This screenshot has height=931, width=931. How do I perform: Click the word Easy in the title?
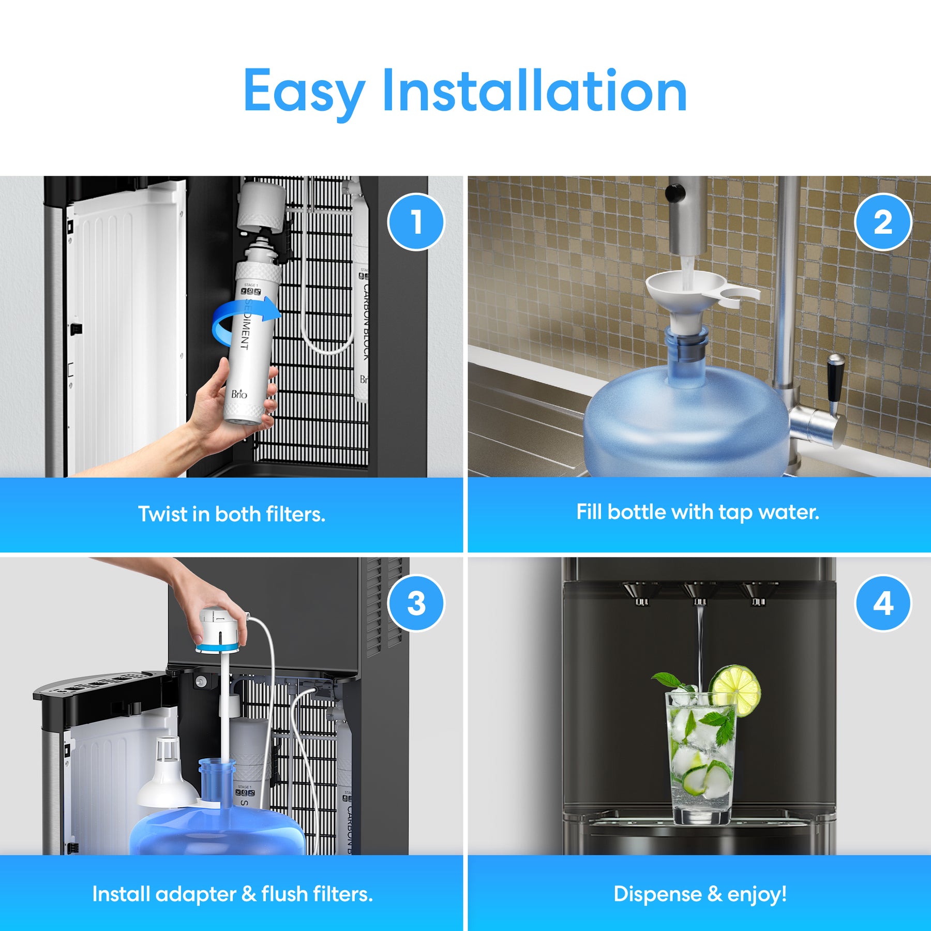click(x=304, y=92)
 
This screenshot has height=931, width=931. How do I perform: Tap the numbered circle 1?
click(x=416, y=222)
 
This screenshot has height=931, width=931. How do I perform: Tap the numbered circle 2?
click(x=883, y=222)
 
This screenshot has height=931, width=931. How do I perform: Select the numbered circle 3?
click(x=416, y=603)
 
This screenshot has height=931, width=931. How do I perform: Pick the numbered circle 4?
click(x=883, y=603)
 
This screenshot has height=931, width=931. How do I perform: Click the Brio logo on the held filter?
click(x=239, y=394)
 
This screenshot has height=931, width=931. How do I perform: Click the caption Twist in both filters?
click(x=231, y=514)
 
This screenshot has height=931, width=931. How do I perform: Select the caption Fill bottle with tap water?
click(x=698, y=512)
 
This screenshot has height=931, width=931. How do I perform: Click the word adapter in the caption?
click(x=196, y=894)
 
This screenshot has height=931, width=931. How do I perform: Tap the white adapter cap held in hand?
click(x=220, y=630)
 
